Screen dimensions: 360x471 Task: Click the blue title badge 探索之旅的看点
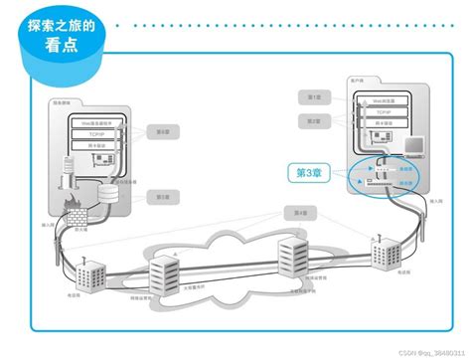click(x=63, y=39)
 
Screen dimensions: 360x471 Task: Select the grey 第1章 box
click(x=313, y=97)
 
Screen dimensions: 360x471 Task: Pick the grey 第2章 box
click(x=313, y=119)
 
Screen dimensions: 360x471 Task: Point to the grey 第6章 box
click(x=162, y=130)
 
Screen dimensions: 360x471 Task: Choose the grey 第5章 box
click(x=162, y=197)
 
